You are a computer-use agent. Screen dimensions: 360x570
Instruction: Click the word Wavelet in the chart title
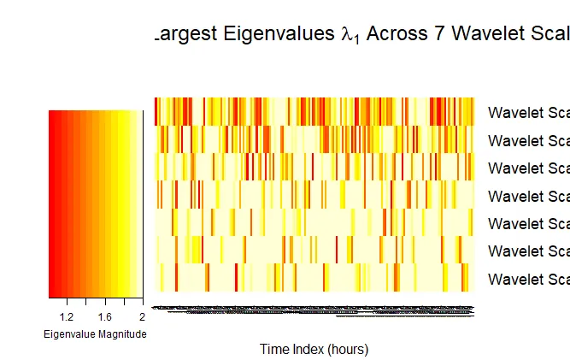click(485, 35)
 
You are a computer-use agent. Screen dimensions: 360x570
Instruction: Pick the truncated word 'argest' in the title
click(184, 36)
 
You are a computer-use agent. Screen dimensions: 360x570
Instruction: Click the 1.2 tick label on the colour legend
click(68, 316)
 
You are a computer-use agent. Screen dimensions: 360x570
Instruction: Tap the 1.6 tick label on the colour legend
click(104, 316)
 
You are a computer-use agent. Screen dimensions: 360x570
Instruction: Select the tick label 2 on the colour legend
click(141, 316)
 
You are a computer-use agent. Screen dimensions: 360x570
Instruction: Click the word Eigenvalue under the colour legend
click(73, 333)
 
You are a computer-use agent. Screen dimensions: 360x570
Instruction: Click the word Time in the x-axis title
click(275, 349)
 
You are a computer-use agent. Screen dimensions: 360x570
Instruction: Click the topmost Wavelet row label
click(528, 113)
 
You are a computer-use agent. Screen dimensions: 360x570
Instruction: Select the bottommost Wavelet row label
click(528, 279)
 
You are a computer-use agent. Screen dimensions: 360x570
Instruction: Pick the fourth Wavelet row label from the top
click(528, 196)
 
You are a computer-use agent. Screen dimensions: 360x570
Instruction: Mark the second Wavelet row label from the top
click(528, 140)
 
